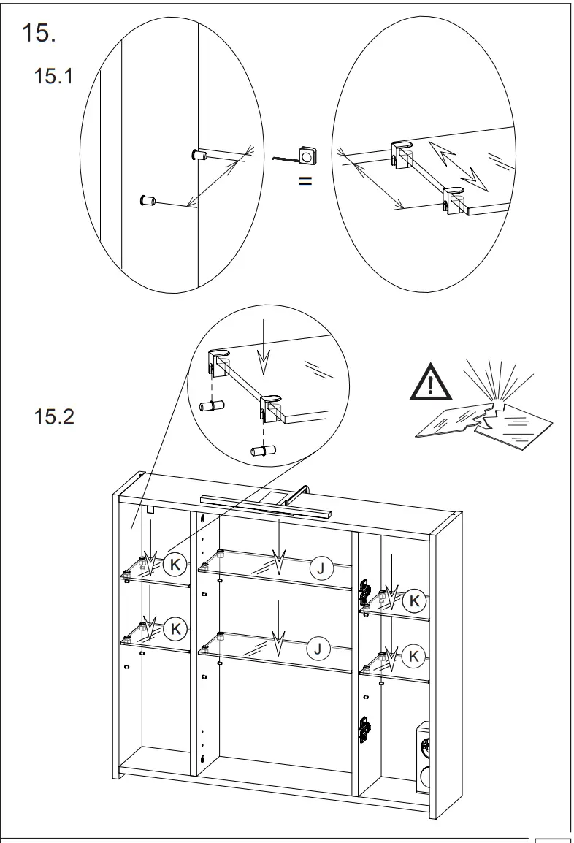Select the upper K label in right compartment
click(414, 601)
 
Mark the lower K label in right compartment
click(414, 656)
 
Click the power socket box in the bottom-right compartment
click(421, 758)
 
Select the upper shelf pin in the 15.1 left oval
click(198, 155)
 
